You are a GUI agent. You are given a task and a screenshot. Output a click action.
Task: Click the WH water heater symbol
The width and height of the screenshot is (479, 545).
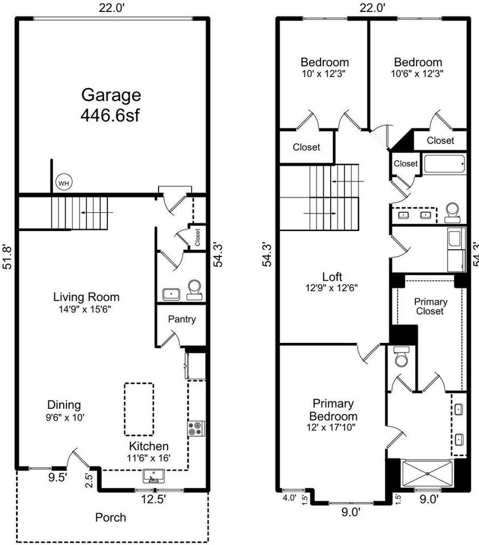click(x=64, y=182)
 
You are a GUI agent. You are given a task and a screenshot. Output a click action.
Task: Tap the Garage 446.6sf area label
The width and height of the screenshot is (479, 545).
click(x=111, y=105)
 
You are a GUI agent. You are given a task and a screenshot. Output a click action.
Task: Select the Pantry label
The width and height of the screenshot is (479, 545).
click(x=182, y=319)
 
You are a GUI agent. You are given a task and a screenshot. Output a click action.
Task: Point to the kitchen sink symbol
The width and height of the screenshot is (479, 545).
click(x=153, y=476)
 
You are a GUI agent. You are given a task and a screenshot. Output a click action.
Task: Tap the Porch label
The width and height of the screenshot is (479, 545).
click(x=111, y=518)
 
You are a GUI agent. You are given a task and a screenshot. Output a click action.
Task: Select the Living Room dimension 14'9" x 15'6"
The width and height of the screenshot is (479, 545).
click(x=85, y=309)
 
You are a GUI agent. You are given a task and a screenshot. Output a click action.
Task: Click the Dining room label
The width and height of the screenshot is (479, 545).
click(x=64, y=405)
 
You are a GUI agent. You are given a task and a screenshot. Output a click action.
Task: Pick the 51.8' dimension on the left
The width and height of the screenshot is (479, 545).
click(x=7, y=257)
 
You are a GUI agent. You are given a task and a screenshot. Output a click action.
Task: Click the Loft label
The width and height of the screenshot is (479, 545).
click(x=332, y=276)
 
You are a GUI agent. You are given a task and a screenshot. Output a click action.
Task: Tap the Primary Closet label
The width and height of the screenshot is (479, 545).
click(x=430, y=306)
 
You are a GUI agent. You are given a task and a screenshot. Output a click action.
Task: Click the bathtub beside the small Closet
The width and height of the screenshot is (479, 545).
click(x=445, y=164)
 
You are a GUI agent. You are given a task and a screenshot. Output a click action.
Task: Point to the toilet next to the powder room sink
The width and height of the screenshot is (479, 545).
click(x=194, y=290)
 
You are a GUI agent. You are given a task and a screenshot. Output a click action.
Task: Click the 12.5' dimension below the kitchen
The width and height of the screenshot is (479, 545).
click(x=153, y=500)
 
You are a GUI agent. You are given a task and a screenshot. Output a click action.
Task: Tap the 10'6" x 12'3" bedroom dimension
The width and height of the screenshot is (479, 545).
click(x=417, y=74)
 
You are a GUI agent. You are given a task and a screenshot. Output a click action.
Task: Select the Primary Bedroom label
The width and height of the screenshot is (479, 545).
click(x=333, y=410)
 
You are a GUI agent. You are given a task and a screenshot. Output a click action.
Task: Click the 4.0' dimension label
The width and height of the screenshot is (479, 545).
click(x=290, y=498)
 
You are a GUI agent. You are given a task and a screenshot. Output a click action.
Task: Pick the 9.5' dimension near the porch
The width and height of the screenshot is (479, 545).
click(x=57, y=477)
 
